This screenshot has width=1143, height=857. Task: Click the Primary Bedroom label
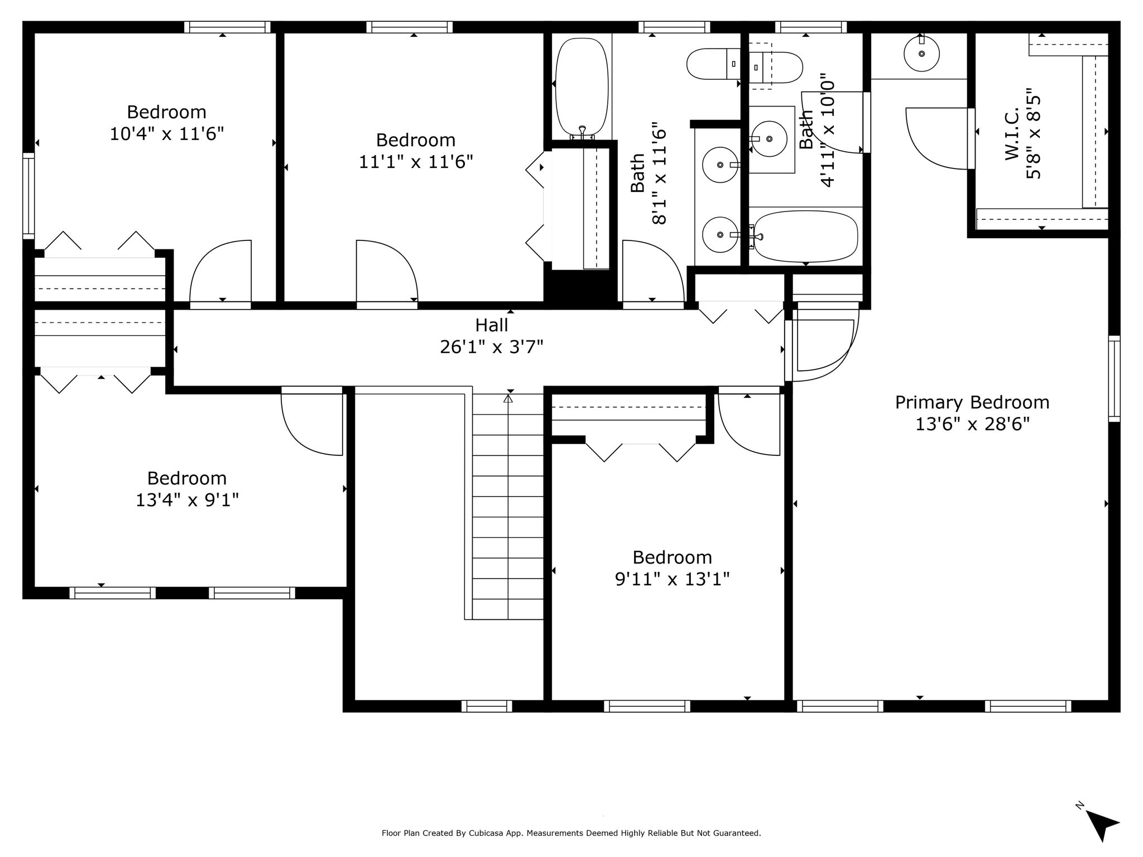click(x=972, y=402)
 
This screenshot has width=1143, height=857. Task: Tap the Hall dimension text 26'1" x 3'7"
click(x=492, y=347)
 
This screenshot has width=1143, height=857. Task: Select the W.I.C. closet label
click(x=1012, y=134)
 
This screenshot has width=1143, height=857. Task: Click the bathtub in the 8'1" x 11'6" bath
click(x=582, y=86)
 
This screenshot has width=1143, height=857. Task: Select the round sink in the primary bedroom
click(x=921, y=54)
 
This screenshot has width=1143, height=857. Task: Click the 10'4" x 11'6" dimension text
click(x=167, y=134)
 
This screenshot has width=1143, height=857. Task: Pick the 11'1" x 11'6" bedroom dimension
click(x=416, y=162)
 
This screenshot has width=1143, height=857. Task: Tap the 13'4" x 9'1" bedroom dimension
click(x=187, y=500)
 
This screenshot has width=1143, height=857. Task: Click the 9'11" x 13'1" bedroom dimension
click(x=673, y=579)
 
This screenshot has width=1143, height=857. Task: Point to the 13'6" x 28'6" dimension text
click(x=972, y=425)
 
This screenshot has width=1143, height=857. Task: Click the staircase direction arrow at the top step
click(x=508, y=398)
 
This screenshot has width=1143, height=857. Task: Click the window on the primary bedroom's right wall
click(x=1114, y=378)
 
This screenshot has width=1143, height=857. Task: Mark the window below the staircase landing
click(x=487, y=706)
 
